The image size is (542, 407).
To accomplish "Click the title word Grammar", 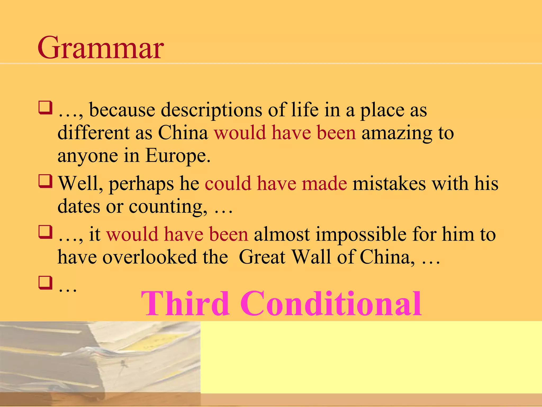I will click(x=101, y=48).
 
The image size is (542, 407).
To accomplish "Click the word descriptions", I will click(x=211, y=110).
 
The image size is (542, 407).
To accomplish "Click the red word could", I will click(x=228, y=183).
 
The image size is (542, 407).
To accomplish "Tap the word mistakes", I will click(x=389, y=183).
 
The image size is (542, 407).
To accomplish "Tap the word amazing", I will click(x=397, y=133).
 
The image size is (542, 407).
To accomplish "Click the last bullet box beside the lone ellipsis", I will click(x=45, y=283).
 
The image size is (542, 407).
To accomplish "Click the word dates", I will click(x=79, y=206).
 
